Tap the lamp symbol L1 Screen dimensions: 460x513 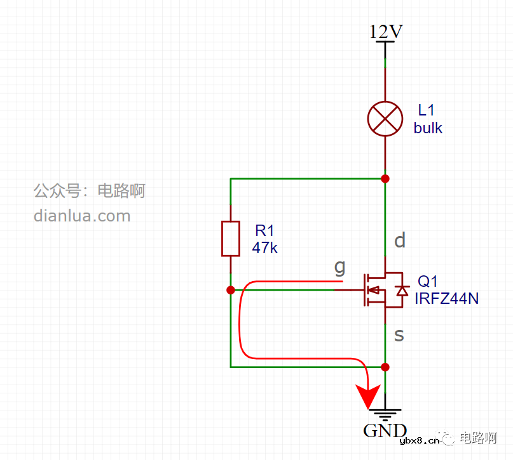point(385,118)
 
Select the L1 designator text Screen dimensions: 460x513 point(426,110)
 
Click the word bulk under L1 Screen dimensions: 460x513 point(428,128)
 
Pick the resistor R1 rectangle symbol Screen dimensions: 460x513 point(230,239)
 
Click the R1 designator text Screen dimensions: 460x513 point(264,230)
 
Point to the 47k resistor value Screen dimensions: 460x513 point(264,247)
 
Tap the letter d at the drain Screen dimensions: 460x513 point(400,240)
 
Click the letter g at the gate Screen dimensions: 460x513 point(339,267)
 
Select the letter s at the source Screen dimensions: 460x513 point(399,334)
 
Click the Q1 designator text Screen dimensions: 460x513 point(427,281)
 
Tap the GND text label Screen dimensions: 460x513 point(385,431)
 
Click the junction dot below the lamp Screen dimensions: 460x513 point(385,178)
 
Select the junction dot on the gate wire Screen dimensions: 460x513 point(230,290)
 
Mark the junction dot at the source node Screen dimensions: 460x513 point(385,367)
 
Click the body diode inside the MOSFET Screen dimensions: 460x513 point(401,291)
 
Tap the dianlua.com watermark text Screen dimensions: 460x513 point(82,216)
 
